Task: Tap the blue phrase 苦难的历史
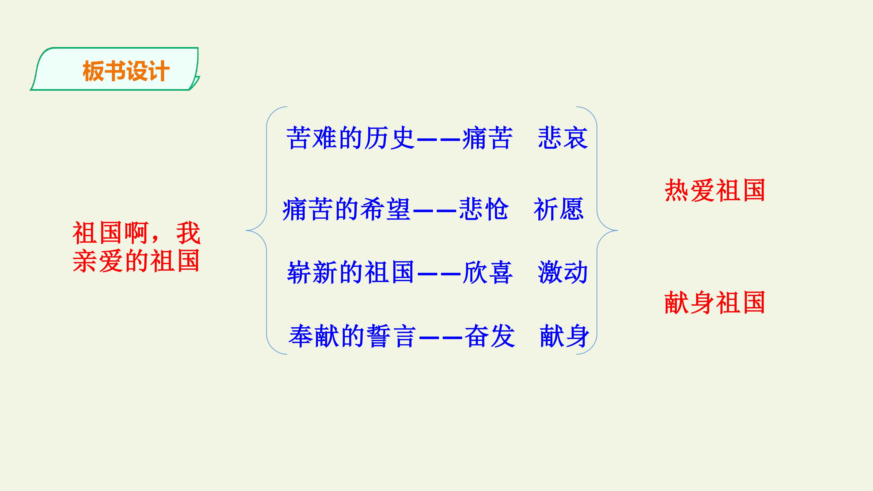point(350,138)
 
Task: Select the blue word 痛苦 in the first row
point(487,138)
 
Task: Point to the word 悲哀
point(563,138)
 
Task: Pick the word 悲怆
point(484,209)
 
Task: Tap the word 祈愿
point(559,209)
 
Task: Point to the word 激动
point(563,272)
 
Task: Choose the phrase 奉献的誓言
point(352,336)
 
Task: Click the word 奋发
point(490,336)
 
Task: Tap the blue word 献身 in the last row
point(564,336)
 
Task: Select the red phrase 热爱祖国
point(715,190)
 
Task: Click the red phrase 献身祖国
point(715,302)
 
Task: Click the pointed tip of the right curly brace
point(617,230)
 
